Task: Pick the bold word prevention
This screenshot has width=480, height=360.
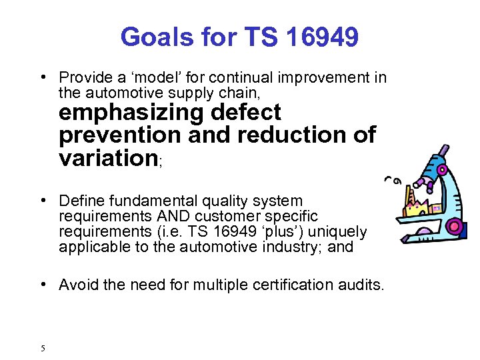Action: [x=118, y=135]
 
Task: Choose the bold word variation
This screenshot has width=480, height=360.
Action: [x=107, y=158]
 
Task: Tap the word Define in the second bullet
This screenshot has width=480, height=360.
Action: [x=80, y=201]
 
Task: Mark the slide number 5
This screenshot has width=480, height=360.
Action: [x=42, y=348]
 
